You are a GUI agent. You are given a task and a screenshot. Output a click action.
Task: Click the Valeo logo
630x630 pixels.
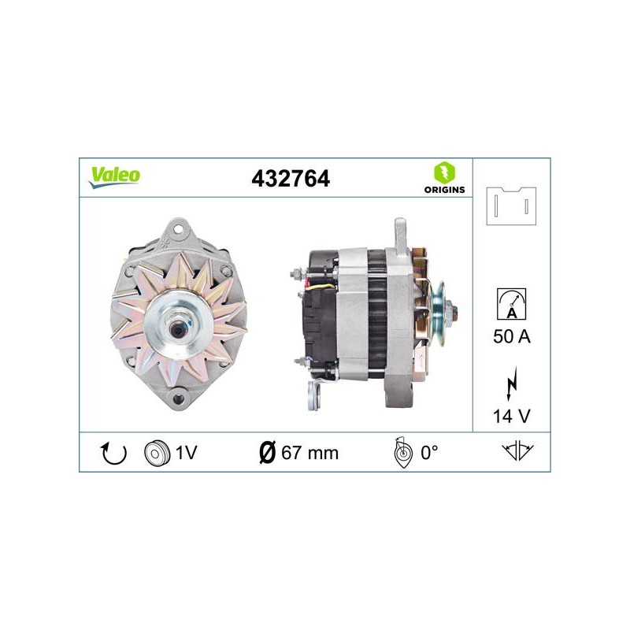coord(114,177)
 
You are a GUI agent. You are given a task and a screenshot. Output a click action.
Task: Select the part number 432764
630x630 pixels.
coord(291,179)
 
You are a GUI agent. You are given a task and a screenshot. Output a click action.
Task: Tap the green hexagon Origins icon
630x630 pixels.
coord(444,172)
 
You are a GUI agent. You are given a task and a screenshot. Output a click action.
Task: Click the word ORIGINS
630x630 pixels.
coord(444,190)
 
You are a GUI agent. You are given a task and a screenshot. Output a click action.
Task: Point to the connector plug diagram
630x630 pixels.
coord(511,206)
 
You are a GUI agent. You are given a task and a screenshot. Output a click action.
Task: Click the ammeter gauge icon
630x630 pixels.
coord(511,304)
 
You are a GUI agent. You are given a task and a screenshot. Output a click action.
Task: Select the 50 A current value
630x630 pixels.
coord(511,336)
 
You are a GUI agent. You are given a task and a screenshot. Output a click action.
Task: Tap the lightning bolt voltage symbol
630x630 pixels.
coord(511,384)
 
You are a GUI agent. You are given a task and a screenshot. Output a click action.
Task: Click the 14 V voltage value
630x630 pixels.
coord(511,417)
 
